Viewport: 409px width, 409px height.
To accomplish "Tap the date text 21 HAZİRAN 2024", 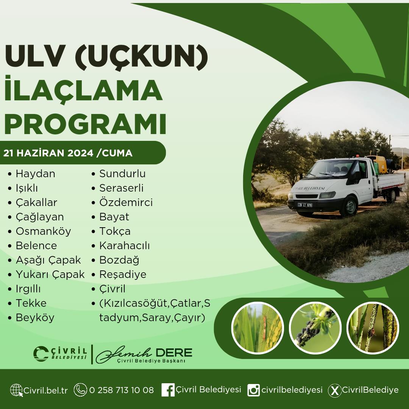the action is coord(48,153).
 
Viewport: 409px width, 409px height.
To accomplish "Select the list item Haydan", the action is coord(36,174).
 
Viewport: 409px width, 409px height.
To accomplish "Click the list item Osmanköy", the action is coord(43,231).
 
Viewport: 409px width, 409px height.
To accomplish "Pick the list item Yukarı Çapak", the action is coord(50,275).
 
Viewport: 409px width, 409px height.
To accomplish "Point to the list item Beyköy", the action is coord(35,318).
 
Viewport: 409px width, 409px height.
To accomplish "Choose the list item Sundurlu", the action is coord(122,174).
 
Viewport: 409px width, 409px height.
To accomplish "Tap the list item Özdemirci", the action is coord(126,202).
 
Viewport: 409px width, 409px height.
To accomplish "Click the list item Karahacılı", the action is coord(125,246).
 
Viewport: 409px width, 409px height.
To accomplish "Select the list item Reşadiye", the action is coord(123,275).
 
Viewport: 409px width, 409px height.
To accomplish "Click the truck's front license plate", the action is coord(305,205).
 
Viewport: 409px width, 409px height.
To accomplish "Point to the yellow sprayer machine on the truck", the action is coord(377,164).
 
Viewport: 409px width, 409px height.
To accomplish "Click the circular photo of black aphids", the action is coord(315,328).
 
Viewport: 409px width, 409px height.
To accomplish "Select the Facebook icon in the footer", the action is coord(168,390).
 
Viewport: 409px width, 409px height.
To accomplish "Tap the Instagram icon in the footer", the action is coord(253,390).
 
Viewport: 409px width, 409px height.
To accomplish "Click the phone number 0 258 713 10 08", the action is coord(122,390).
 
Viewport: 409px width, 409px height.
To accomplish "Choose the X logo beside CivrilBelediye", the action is coord(335,390).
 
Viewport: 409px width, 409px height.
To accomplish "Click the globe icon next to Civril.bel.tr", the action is coord(16,390).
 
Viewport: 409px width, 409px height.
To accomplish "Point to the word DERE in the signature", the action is coord(174,353).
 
